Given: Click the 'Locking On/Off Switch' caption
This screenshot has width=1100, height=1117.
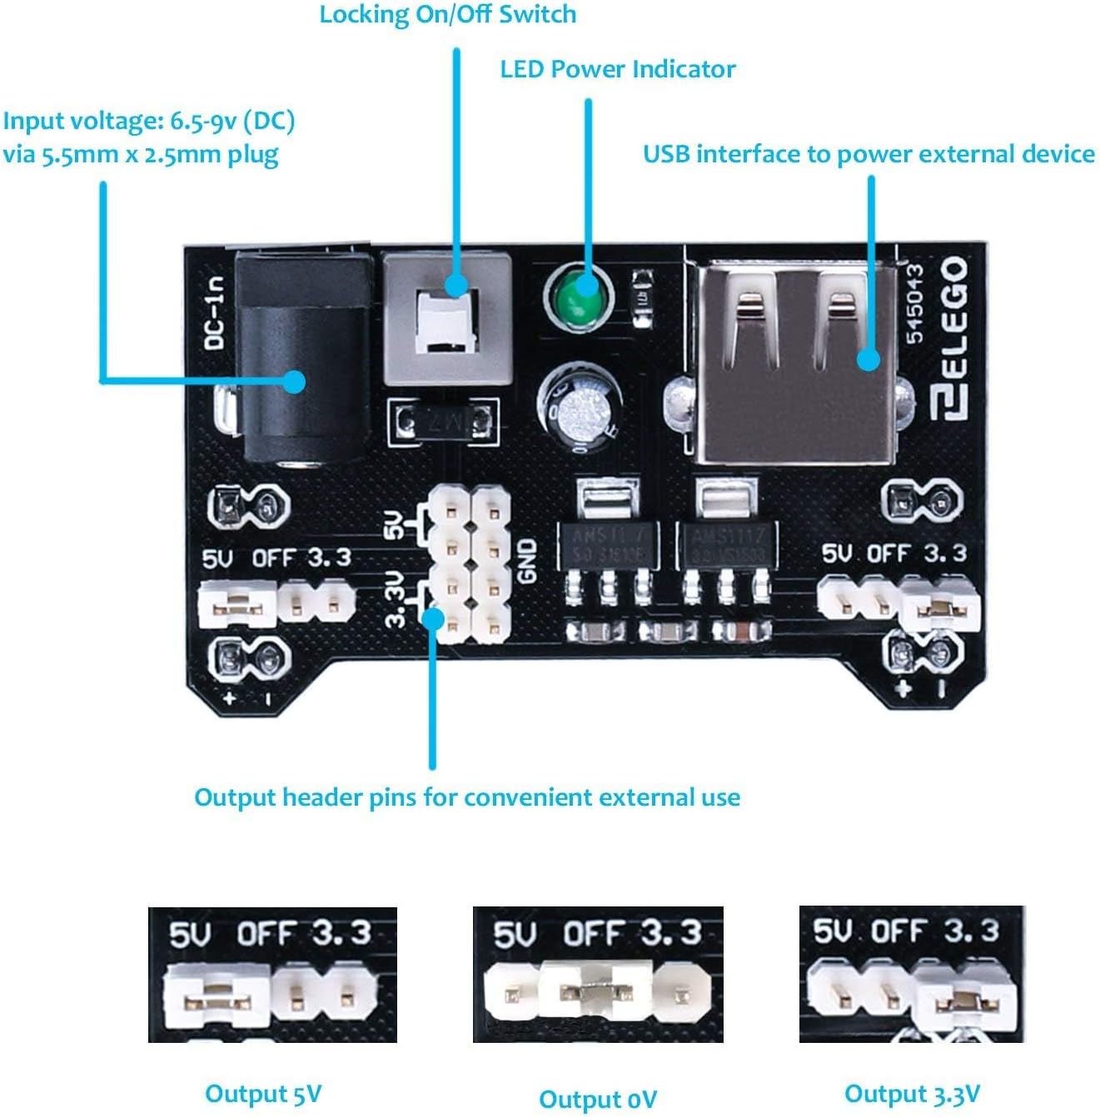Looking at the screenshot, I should (x=447, y=14).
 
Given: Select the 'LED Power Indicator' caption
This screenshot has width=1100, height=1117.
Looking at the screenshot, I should (x=617, y=69).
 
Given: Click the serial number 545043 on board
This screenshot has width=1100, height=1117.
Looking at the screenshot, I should (x=914, y=303).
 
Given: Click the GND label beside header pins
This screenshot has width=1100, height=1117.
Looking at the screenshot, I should (x=528, y=560).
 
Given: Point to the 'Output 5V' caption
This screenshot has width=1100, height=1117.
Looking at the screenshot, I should (x=263, y=1093).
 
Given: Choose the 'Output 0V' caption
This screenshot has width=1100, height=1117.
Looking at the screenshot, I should (x=597, y=1100).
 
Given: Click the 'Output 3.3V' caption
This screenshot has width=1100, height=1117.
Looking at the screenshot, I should (x=912, y=1093).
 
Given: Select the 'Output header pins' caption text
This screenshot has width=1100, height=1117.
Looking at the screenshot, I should (x=466, y=797).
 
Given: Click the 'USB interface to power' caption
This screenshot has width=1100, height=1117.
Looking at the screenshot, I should (x=868, y=154).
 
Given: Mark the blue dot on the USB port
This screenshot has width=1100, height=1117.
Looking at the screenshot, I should (x=868, y=359).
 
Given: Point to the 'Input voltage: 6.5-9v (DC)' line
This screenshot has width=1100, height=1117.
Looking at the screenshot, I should (x=149, y=121).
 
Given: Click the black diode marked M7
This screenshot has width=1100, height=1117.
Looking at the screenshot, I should (x=443, y=422).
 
